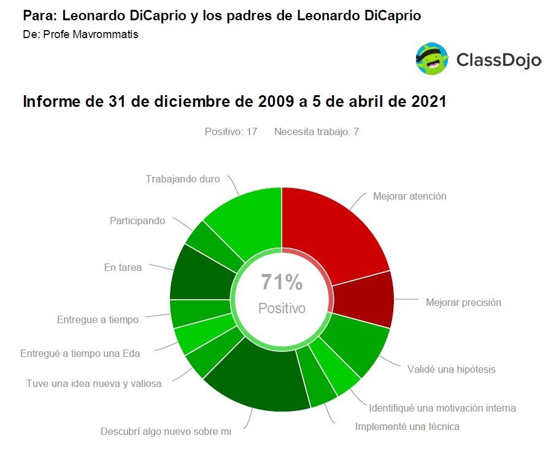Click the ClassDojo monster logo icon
tap(432, 59)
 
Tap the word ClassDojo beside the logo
tap(498, 60)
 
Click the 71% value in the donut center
tap(282, 283)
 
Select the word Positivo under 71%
tap(282, 308)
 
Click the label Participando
tap(137, 221)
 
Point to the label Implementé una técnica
tap(407, 426)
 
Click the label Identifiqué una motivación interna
tap(442, 408)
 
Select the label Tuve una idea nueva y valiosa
tap(94, 383)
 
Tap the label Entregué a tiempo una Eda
tap(80, 353)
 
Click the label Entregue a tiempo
tap(98, 319)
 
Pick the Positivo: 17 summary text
tap(231, 131)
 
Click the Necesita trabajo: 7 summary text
tap(317, 131)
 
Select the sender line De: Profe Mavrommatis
tap(80, 34)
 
